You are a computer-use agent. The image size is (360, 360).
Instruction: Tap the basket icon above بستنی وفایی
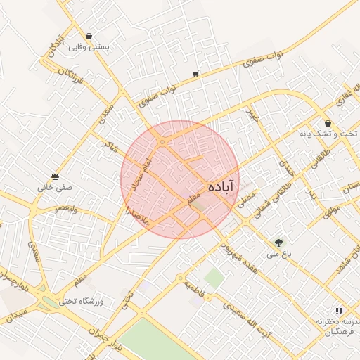89,37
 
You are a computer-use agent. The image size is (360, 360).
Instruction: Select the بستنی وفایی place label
89,48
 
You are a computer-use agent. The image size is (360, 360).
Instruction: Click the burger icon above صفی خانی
56,176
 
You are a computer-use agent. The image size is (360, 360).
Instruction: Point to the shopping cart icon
195,73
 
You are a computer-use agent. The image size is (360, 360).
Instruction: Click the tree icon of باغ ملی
281,243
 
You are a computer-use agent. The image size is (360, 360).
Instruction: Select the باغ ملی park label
281,255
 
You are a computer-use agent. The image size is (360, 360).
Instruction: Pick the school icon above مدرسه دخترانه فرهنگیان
338,310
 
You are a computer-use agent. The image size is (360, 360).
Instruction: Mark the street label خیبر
251,117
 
